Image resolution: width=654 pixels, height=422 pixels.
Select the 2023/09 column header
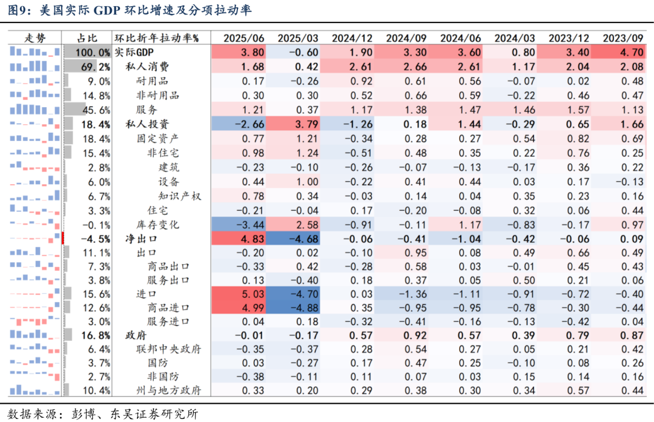[623, 38]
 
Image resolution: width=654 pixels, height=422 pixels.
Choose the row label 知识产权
[180, 196]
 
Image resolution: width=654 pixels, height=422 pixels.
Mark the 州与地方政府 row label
[169, 391]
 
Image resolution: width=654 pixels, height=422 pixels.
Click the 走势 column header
[35, 38]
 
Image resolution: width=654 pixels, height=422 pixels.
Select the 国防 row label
[159, 362]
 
